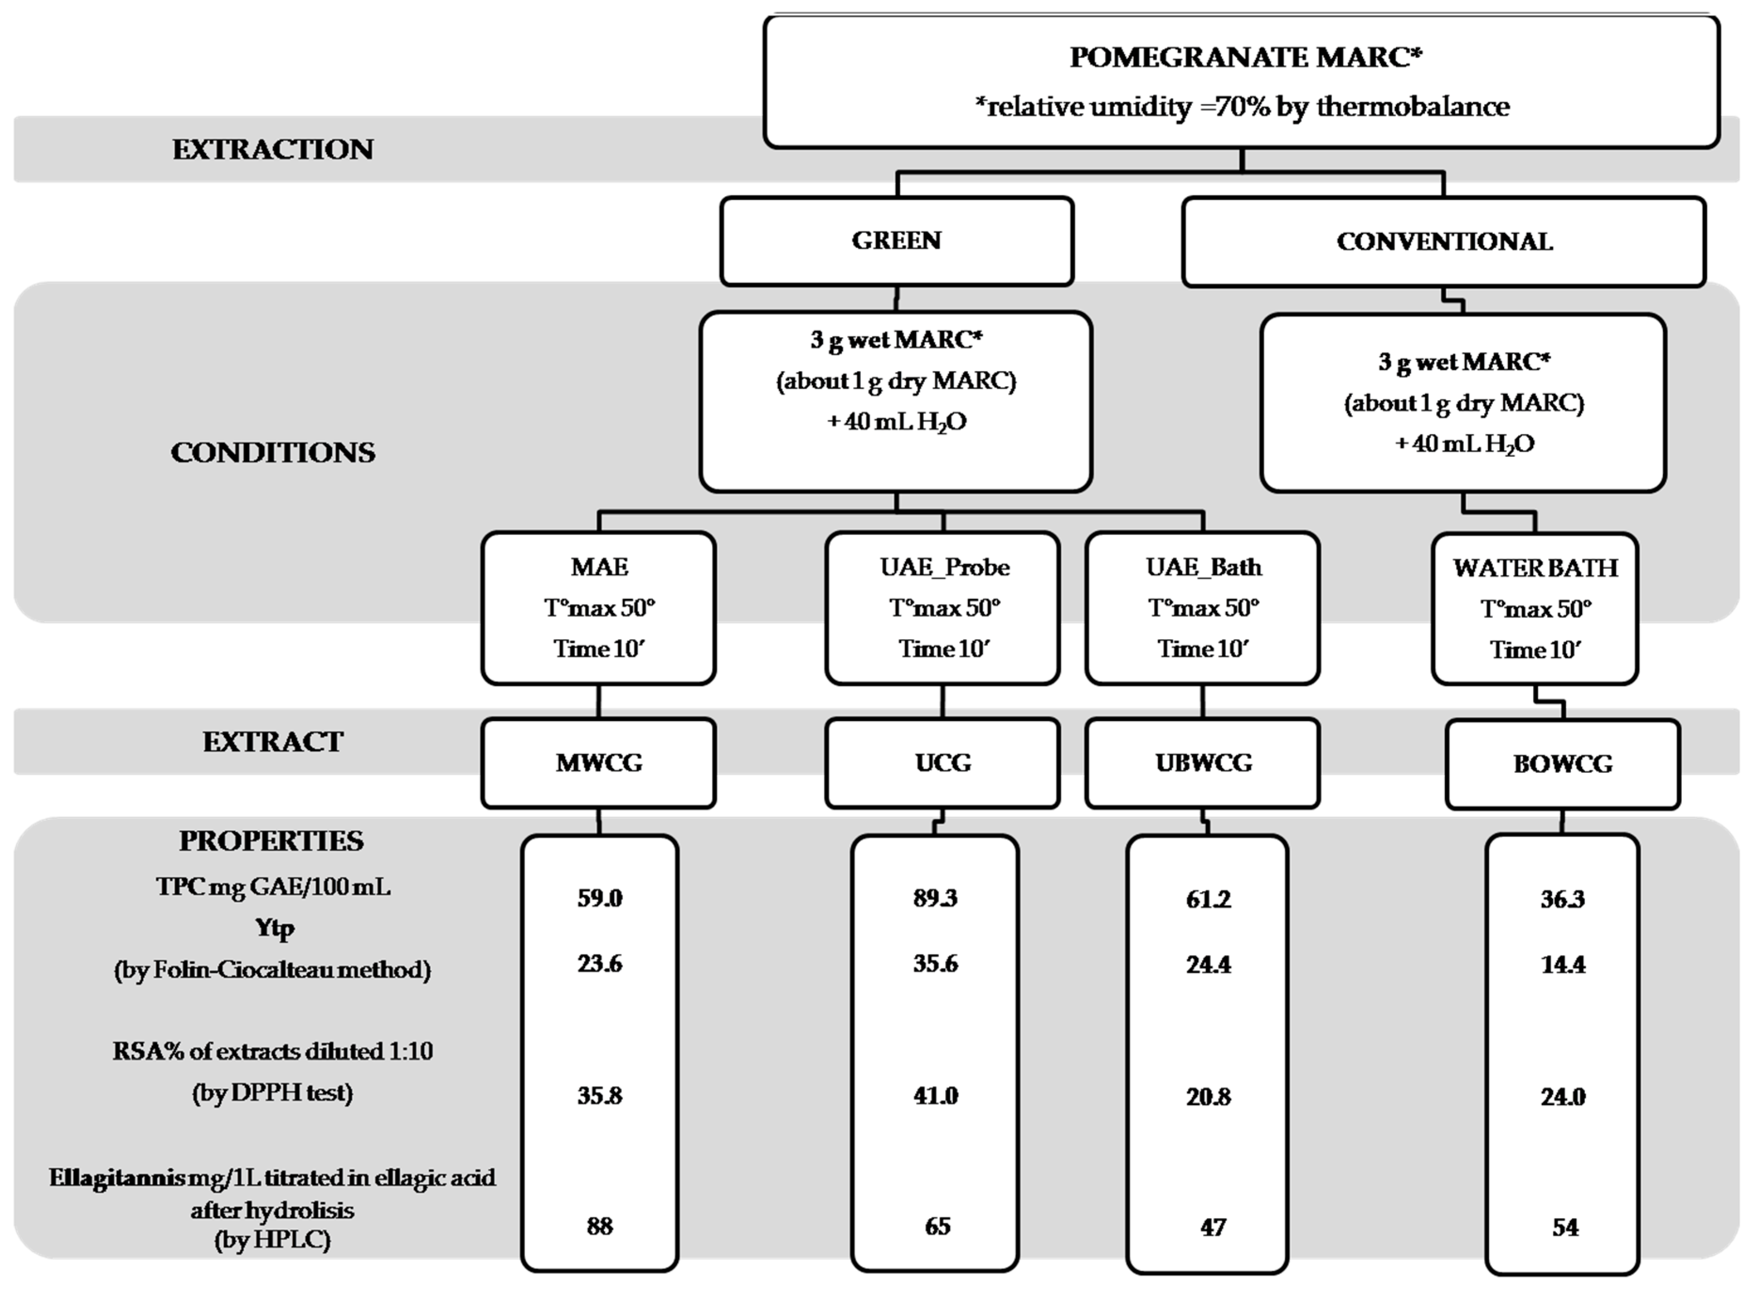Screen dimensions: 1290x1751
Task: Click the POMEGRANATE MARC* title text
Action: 1245,57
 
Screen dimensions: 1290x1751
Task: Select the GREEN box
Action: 896,240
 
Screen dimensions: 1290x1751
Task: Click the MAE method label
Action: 599,567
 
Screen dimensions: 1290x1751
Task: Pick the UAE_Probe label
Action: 944,567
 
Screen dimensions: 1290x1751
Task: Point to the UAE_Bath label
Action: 1203,567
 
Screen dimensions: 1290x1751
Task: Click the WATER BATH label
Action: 1535,568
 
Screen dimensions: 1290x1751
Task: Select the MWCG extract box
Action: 599,762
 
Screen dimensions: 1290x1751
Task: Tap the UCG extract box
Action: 943,762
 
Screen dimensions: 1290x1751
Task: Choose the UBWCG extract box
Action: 1203,762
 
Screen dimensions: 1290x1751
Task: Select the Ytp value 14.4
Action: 1563,965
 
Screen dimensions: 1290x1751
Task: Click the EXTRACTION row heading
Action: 272,149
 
